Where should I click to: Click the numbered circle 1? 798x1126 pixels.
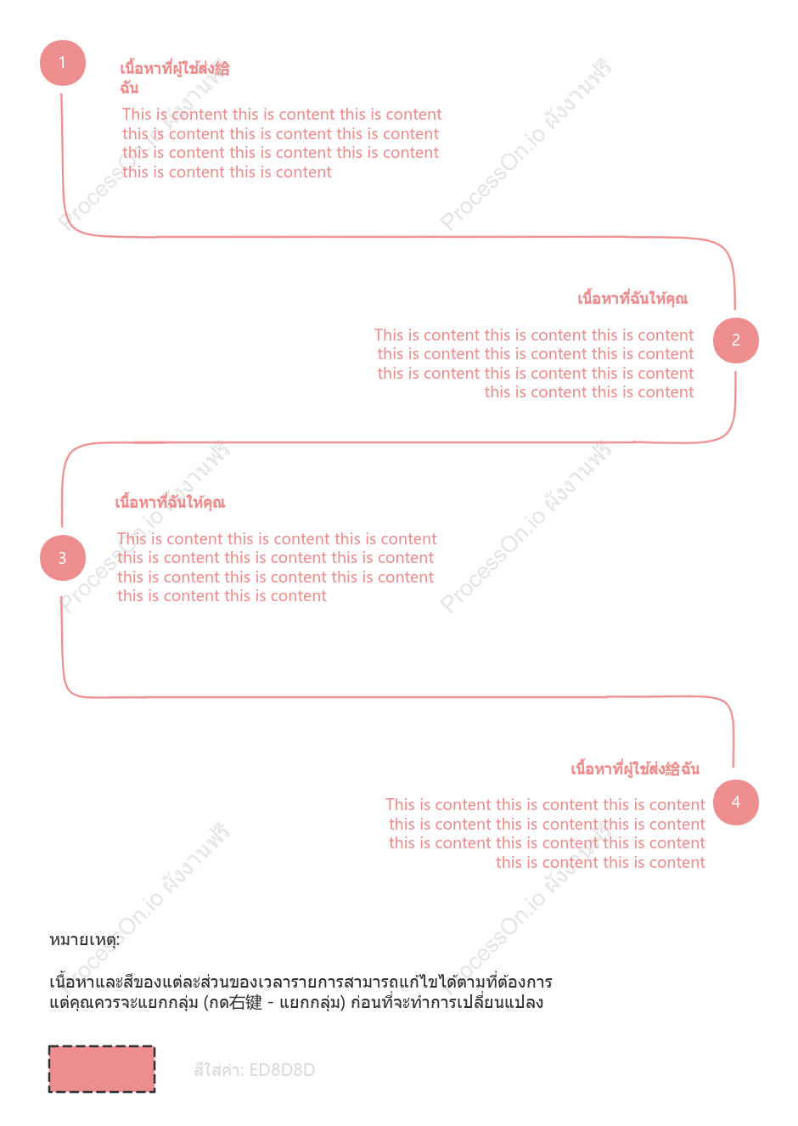click(62, 63)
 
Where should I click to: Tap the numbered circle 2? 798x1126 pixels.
click(736, 341)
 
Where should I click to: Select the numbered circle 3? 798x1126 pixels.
click(62, 557)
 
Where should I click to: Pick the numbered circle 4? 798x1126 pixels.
click(736, 802)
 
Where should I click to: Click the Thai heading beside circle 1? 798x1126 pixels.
click(174, 77)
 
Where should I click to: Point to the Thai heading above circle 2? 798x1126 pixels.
click(632, 299)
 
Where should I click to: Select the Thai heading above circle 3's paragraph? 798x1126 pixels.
click(170, 502)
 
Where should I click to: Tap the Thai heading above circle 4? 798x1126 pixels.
click(635, 768)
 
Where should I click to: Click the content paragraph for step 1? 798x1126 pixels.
click(282, 144)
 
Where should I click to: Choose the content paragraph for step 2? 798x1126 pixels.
click(534, 363)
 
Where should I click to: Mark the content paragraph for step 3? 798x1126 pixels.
click(277, 567)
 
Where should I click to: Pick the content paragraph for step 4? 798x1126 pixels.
click(545, 833)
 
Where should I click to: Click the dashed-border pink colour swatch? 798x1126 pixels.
click(102, 1069)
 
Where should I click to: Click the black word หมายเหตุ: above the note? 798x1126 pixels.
click(84, 939)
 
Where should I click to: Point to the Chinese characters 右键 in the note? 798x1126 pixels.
click(245, 1002)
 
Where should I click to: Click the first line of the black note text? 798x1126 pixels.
click(301, 982)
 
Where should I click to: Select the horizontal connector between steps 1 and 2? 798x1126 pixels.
click(397, 237)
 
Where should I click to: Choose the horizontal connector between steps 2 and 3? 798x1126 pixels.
click(397, 443)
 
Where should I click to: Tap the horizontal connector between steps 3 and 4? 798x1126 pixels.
click(397, 697)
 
